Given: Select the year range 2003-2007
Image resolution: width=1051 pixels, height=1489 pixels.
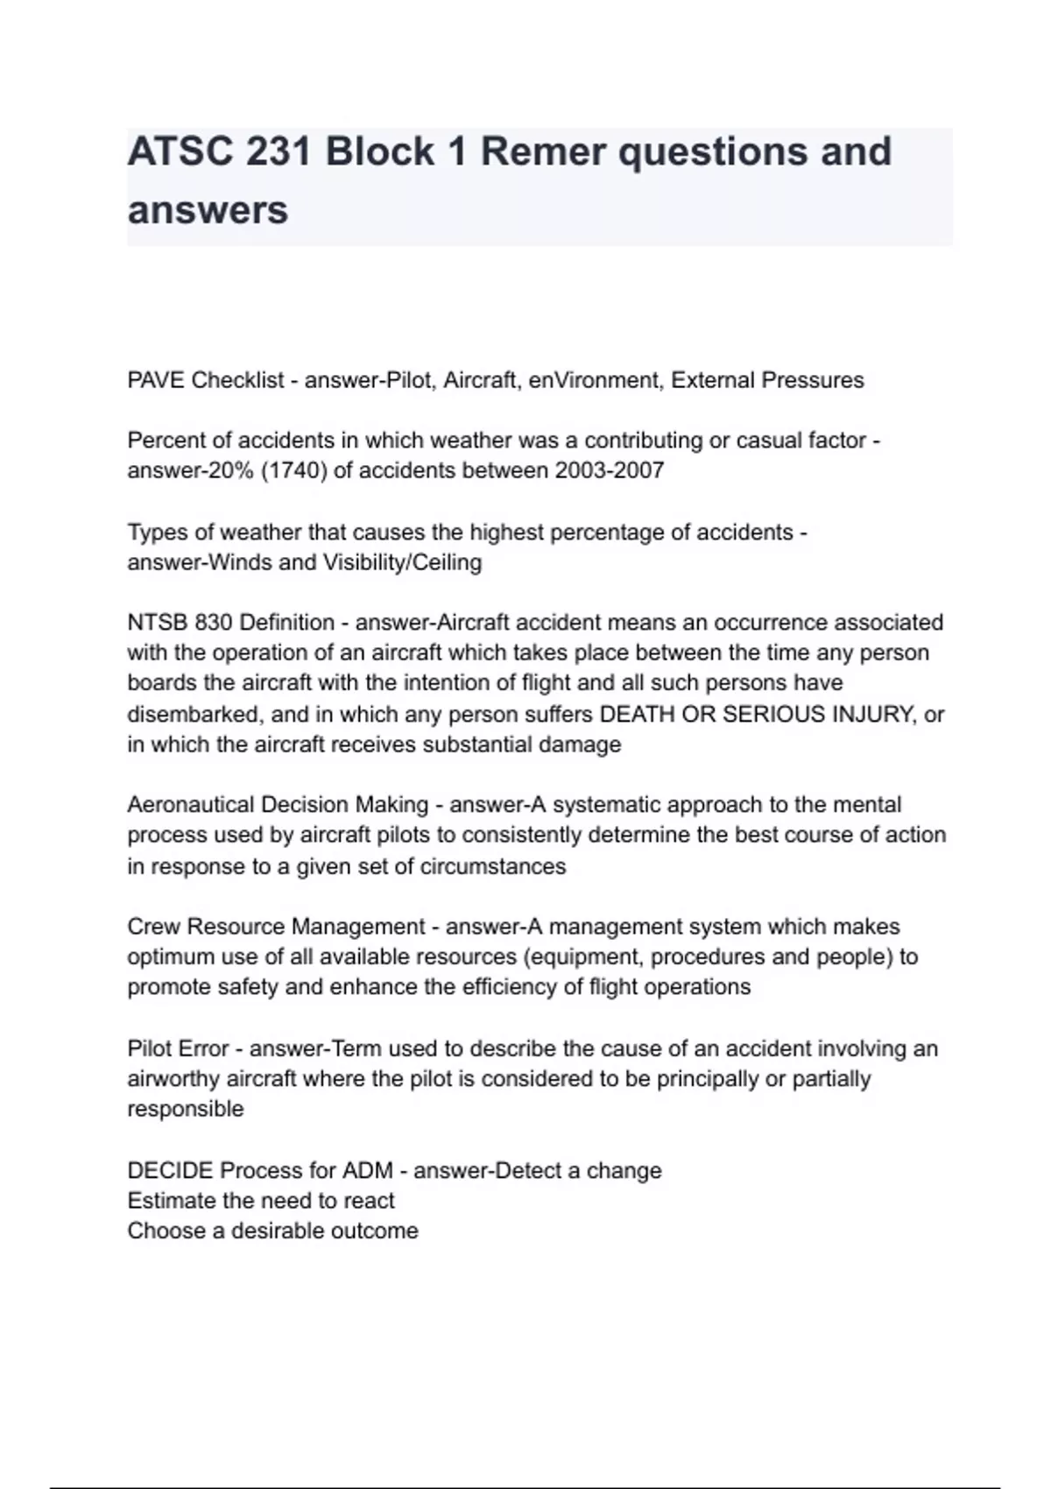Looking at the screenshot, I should pos(610,470).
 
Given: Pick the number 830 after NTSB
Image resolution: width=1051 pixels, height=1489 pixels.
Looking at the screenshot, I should pos(214,623).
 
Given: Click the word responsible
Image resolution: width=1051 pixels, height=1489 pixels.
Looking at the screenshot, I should pos(186,1109).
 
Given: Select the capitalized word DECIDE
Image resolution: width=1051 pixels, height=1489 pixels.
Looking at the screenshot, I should pos(170,1171).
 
